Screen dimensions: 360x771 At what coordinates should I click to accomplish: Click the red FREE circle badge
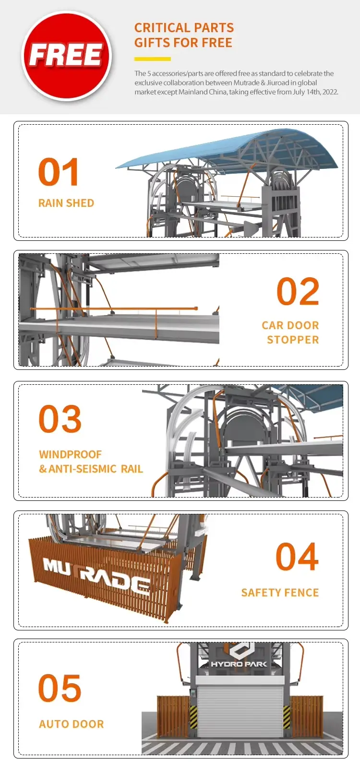(x=66, y=56)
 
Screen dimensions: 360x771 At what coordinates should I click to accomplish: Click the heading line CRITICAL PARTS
(x=184, y=27)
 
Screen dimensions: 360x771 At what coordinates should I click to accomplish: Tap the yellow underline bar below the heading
(x=153, y=59)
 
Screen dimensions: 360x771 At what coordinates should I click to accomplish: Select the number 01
(x=58, y=172)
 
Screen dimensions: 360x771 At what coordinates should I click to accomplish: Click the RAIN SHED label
(x=66, y=203)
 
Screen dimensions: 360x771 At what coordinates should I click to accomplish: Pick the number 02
(x=298, y=292)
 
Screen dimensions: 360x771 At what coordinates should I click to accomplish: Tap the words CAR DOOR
(x=290, y=325)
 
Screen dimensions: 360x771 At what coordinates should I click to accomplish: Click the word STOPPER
(x=293, y=340)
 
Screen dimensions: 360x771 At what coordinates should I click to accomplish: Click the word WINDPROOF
(x=70, y=454)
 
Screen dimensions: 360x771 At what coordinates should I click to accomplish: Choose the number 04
(x=297, y=557)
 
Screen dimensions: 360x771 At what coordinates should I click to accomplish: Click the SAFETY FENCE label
(x=280, y=593)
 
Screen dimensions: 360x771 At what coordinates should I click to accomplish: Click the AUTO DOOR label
(x=72, y=724)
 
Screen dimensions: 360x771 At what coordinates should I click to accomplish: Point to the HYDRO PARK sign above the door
(x=239, y=664)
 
